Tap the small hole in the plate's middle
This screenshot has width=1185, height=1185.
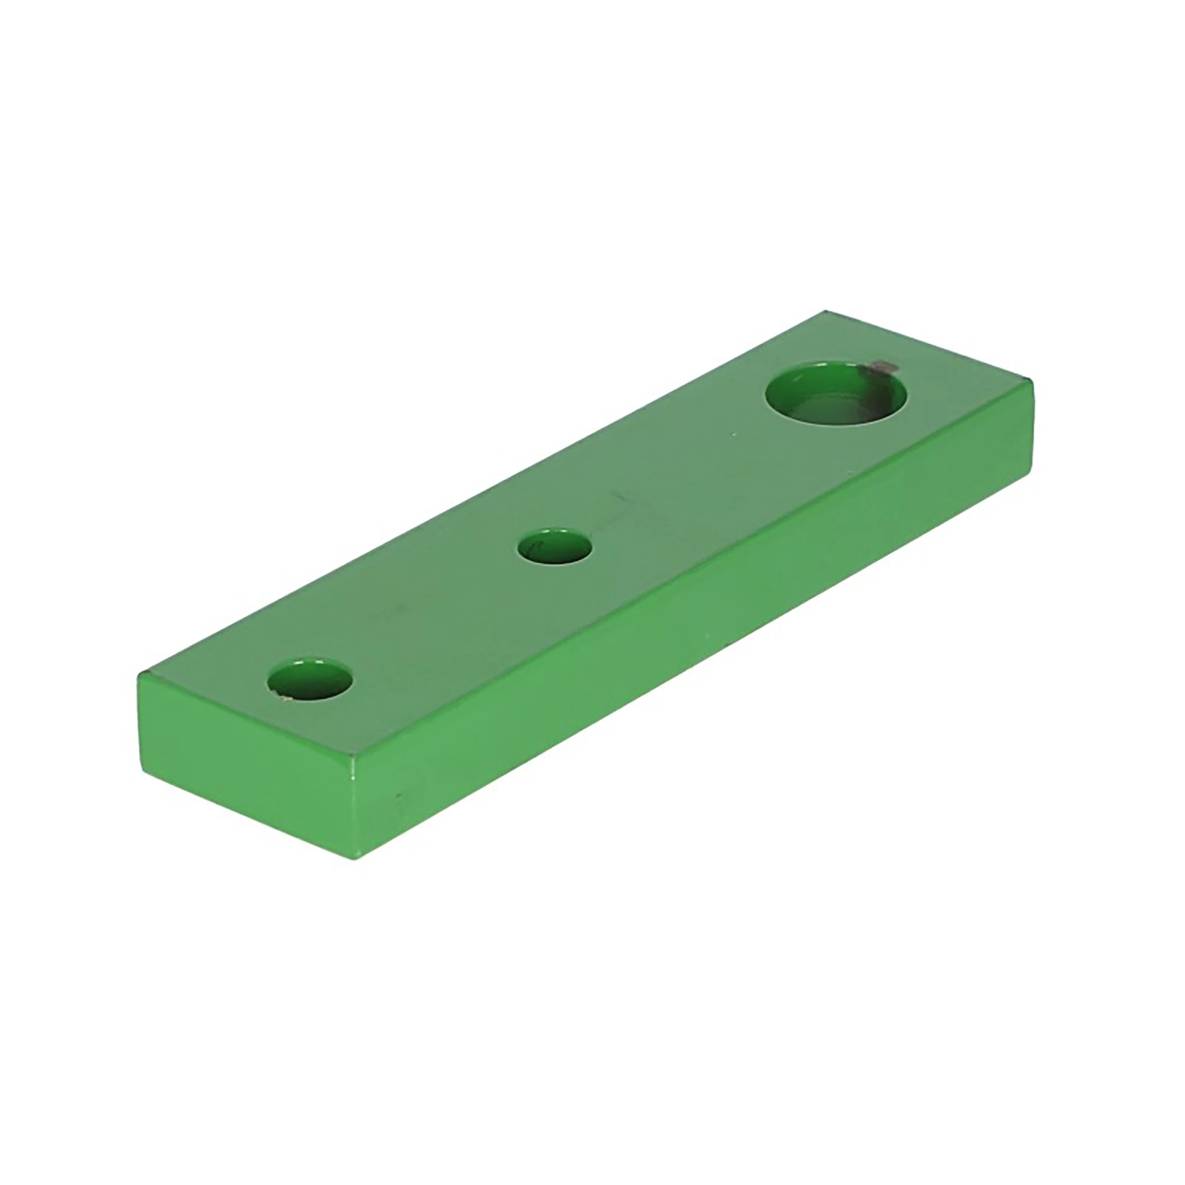pyautogui.click(x=555, y=545)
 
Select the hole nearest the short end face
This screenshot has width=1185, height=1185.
pyautogui.click(x=310, y=680)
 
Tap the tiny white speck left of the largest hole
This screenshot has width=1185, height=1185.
pyautogui.click(x=734, y=435)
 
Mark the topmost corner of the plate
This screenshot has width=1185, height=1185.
pyautogui.click(x=825, y=311)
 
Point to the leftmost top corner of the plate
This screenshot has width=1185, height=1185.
pyautogui.click(x=140, y=674)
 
